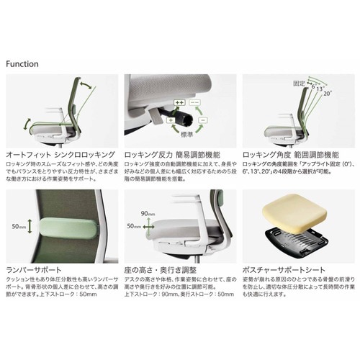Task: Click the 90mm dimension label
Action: (x=148, y=212)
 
